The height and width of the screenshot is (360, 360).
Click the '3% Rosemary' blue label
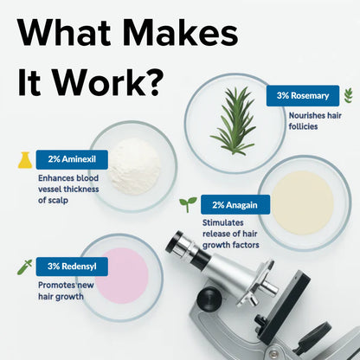tap(301, 95)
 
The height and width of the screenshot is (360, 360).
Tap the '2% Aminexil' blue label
tap(72, 159)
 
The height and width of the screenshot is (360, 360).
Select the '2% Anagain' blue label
tap(235, 205)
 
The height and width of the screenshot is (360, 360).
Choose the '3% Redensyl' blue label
tap(71, 266)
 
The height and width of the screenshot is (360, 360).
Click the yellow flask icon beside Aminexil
tap(25, 159)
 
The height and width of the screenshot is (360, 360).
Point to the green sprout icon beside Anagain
tap(187, 204)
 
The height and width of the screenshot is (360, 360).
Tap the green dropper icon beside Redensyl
tap(23, 267)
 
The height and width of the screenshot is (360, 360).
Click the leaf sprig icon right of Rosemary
tap(348, 95)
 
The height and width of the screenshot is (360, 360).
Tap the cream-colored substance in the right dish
tap(302, 202)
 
